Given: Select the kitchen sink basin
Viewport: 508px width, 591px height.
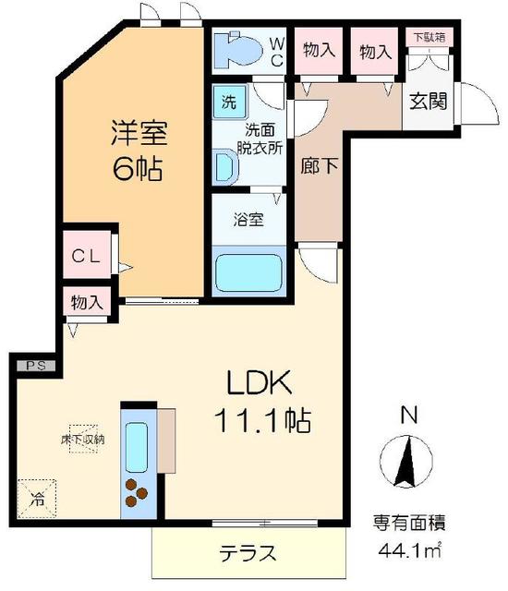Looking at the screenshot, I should (138, 445).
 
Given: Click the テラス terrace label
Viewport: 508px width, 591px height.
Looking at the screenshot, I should (248, 554).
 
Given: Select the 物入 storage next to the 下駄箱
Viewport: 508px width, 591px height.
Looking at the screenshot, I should (376, 51).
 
